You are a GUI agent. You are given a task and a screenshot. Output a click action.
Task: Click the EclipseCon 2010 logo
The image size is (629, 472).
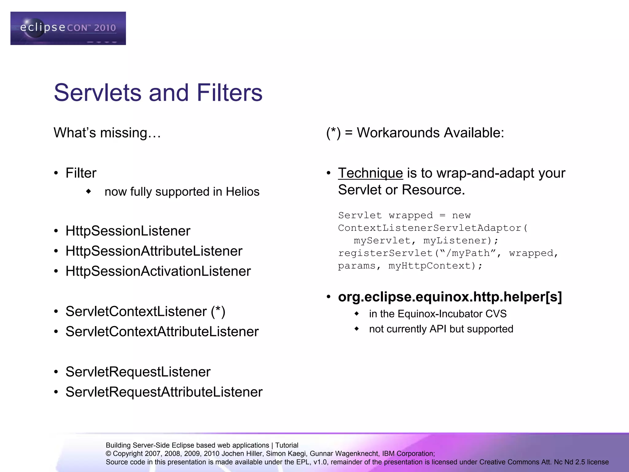click(x=68, y=28)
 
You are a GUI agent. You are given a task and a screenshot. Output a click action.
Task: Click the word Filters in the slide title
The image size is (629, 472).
click(x=229, y=92)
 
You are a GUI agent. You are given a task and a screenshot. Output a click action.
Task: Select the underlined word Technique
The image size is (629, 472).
click(x=370, y=173)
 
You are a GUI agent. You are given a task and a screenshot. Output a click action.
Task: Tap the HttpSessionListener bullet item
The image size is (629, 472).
click(x=128, y=231)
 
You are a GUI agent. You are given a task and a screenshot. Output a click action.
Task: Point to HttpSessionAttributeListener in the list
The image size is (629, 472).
click(x=154, y=251)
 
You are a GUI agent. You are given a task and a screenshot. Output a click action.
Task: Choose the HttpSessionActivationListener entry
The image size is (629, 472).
click(x=158, y=271)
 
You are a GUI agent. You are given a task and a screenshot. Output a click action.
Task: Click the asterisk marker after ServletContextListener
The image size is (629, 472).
click(x=218, y=311)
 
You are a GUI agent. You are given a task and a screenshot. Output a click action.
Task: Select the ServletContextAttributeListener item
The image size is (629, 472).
click(x=162, y=332)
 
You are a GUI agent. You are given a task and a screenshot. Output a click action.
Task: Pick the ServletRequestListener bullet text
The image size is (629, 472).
click(x=138, y=372)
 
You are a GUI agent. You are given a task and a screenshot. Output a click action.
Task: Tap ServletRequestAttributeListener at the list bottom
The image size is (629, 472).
click(x=164, y=392)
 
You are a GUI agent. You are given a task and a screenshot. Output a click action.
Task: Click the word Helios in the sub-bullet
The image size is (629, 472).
click(x=242, y=192)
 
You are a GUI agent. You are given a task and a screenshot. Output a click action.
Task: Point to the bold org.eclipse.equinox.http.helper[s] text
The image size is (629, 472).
click(x=450, y=297)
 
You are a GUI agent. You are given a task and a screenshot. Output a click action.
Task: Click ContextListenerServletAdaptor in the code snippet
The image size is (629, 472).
click(x=429, y=228)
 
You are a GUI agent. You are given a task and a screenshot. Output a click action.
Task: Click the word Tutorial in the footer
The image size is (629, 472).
click(x=287, y=445)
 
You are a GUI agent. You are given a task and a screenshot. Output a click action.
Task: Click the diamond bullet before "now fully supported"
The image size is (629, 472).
click(x=89, y=191)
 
